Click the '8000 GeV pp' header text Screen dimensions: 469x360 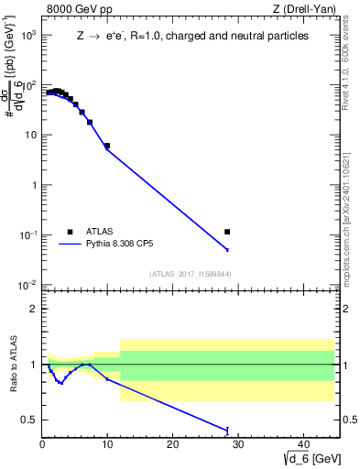point(78,11)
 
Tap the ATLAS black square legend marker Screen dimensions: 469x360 point(70,232)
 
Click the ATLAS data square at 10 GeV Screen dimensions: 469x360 point(107,146)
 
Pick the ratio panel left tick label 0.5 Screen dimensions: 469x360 point(29,420)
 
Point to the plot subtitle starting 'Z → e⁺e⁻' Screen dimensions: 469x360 point(191,37)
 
